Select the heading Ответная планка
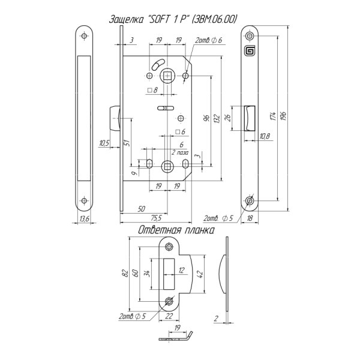tap(176, 230)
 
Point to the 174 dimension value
tap(272, 116)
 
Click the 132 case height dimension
tap(217, 119)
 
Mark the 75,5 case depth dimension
tap(156, 218)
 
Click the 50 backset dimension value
tap(141, 209)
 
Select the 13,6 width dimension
tap(84, 218)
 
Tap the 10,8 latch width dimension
tap(265, 136)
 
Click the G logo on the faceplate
tap(250, 50)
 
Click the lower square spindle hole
tap(167, 166)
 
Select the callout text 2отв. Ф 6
tap(208, 40)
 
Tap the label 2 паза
tap(180, 152)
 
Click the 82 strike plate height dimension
tap(125, 273)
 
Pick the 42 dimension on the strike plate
tap(200, 274)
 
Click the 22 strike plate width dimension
tap(169, 316)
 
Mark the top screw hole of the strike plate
tap(169, 247)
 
